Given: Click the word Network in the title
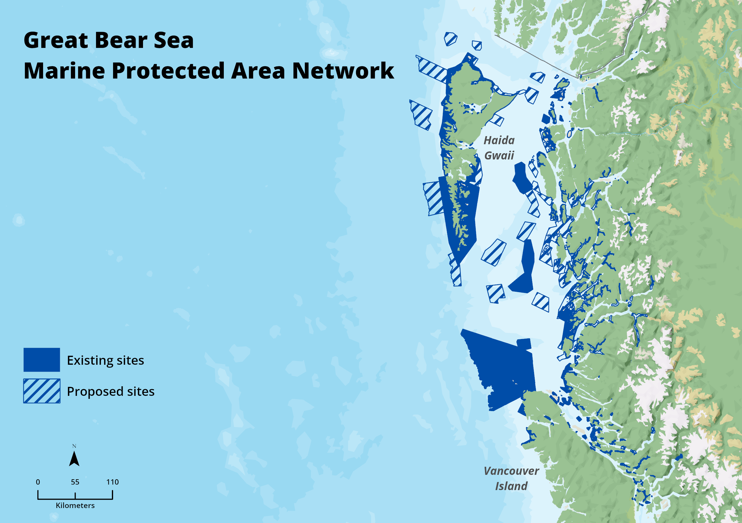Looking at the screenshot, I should (x=343, y=71).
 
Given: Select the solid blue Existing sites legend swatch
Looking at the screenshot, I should (x=42, y=359).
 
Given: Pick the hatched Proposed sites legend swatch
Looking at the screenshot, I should (x=42, y=391).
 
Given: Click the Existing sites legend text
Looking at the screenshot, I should (x=105, y=360).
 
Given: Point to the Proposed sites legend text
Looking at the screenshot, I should (x=110, y=391).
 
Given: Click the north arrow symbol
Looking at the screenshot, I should (x=74, y=459).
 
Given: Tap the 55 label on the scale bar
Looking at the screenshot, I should (x=75, y=482).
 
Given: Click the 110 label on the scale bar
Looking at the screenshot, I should (x=112, y=482).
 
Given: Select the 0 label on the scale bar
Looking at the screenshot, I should (x=38, y=482).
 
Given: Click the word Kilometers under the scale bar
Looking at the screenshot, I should (x=75, y=506).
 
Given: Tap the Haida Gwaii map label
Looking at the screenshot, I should (x=499, y=148).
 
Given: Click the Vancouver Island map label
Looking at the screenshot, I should (x=511, y=478).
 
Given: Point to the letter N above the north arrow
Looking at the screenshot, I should (x=74, y=446).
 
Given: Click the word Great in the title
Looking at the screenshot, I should (x=56, y=41).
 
